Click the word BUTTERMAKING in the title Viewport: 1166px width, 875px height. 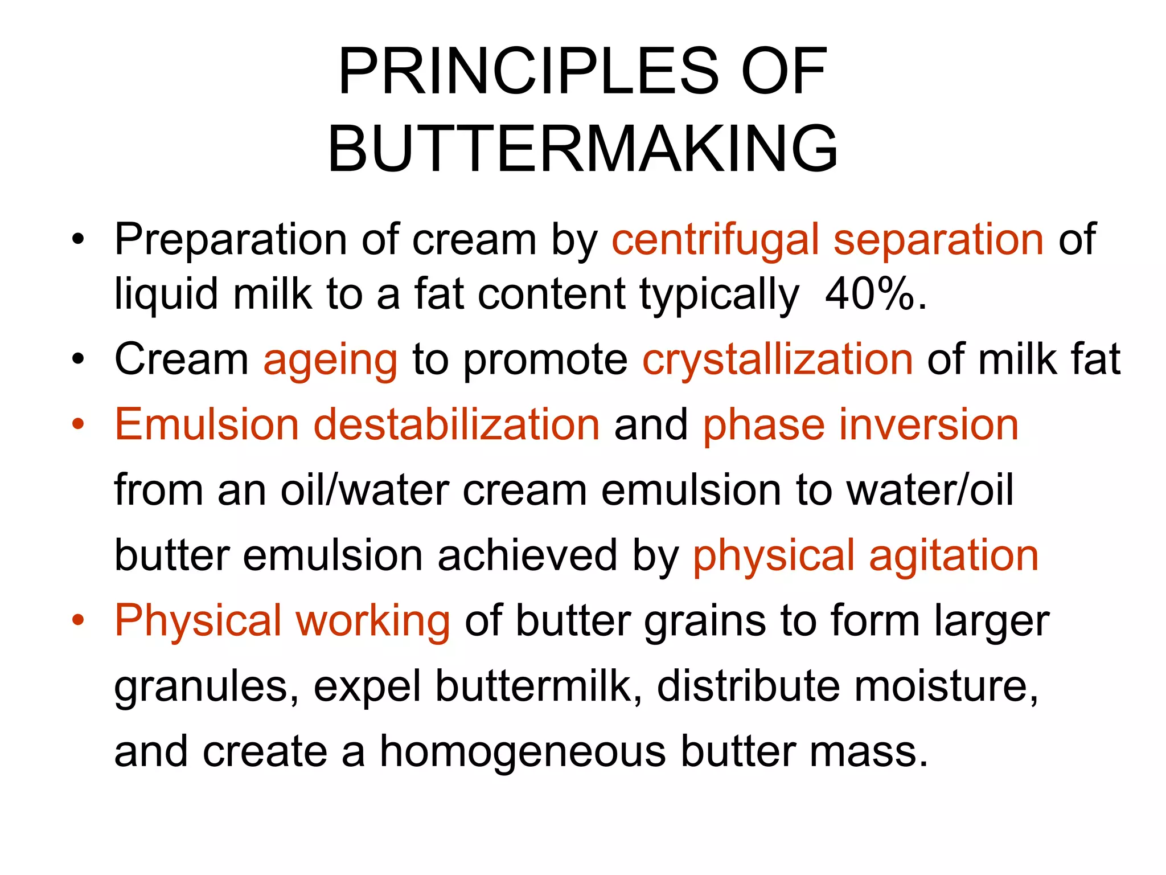pos(582,149)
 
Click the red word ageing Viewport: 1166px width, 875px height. pos(330,361)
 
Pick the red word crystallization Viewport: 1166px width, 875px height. pos(778,361)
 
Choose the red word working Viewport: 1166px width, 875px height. pos(373,621)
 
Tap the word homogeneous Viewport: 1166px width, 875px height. pos(523,752)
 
